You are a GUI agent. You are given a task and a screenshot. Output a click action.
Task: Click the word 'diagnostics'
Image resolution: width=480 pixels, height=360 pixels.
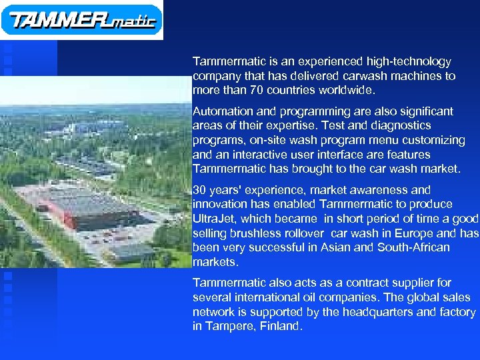pos(401,125)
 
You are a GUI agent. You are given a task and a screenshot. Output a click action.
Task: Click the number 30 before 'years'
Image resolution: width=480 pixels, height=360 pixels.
pos(199,190)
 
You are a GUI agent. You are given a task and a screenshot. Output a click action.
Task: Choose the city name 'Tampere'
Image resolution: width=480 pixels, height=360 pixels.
pos(227,327)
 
